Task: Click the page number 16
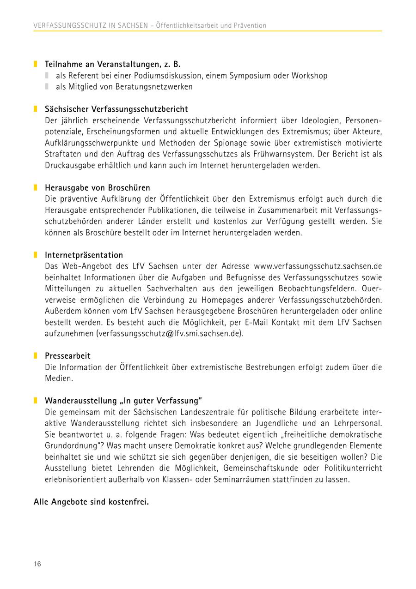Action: [37, 564]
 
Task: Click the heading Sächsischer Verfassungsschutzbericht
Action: [116, 109]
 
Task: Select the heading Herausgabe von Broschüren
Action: [97, 188]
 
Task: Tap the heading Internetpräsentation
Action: [84, 255]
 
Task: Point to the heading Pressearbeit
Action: [67, 356]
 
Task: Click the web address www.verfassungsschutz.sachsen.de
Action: [318, 266]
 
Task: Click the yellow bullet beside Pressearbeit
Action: [35, 356]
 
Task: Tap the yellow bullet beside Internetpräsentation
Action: [35, 255]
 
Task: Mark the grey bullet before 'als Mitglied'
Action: [47, 87]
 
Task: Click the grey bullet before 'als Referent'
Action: [47, 75]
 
